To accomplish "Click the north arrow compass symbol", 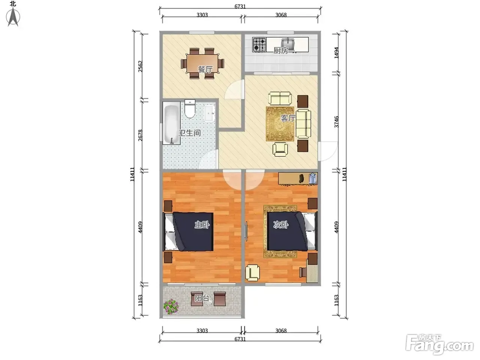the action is click(13, 17).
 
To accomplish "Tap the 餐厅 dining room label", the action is click(205, 69).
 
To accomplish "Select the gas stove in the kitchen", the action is click(259, 45).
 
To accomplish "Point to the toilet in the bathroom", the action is click(190, 109).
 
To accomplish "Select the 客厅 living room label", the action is click(288, 118).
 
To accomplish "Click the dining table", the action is click(202, 63).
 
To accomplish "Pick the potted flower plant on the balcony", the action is click(171, 306).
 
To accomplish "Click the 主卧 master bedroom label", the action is click(202, 225).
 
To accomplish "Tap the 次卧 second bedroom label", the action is click(281, 225).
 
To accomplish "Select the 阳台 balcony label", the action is click(202, 298).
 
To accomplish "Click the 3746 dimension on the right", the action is click(336, 122).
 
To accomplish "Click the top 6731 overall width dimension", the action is click(240, 6).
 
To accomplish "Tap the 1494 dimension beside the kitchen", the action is click(336, 53).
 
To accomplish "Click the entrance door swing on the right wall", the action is click(328, 151).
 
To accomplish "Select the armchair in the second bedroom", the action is click(253, 273).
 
